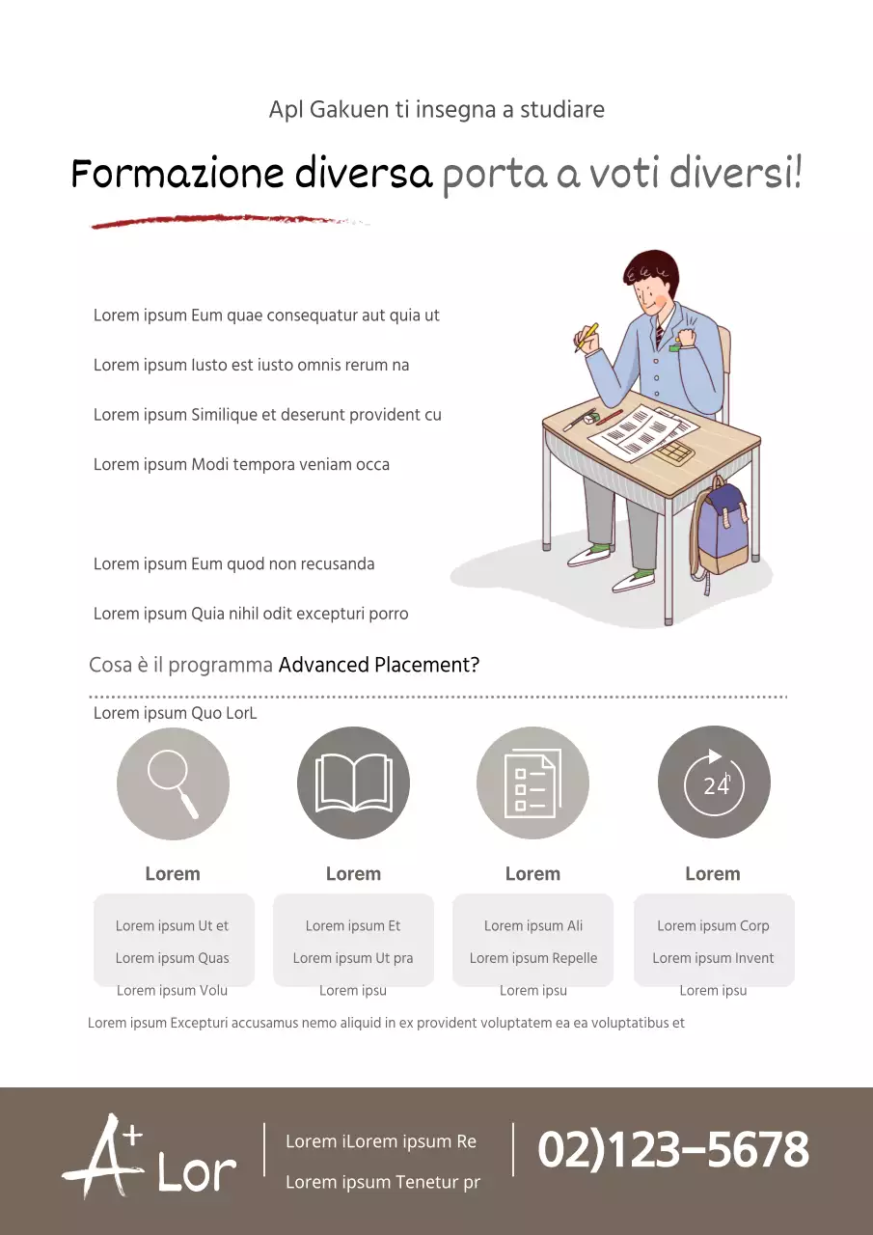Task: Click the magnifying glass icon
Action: (173, 783)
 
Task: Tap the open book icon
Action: (353, 783)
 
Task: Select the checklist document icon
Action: (532, 783)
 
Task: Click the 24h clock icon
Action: (714, 782)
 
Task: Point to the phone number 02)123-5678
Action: (673, 1149)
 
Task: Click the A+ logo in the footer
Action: (103, 1155)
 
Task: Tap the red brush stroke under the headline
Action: (229, 221)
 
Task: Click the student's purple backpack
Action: (721, 530)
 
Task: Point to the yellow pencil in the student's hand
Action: (587, 337)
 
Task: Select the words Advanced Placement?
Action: (379, 665)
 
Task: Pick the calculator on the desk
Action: (672, 454)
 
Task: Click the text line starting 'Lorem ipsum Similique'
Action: (267, 415)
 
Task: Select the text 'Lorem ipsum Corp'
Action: (713, 925)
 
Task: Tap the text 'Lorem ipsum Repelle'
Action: (533, 958)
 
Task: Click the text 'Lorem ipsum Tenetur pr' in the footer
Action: (383, 1182)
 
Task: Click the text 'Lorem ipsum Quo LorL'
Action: (176, 713)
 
